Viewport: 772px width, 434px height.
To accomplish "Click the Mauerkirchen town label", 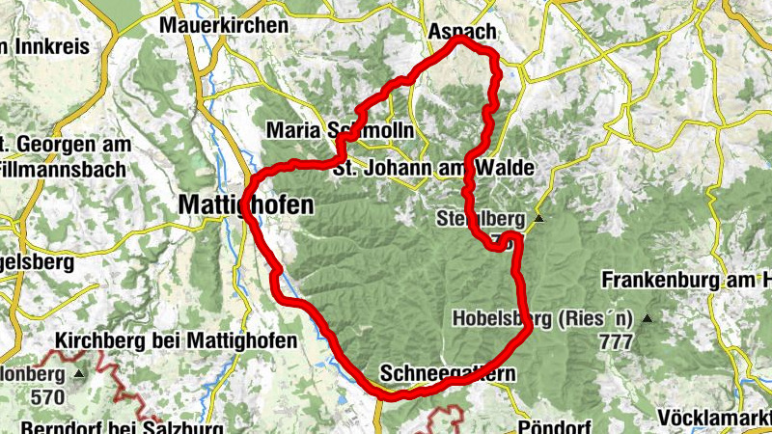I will point(225,25).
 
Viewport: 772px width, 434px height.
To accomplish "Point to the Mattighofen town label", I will point(246,204).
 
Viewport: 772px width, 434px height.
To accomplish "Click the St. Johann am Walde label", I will point(432,168).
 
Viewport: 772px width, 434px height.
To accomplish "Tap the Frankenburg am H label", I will point(686,281).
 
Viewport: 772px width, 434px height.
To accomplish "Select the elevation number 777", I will point(615,341).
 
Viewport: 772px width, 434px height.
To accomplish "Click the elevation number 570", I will point(46,396).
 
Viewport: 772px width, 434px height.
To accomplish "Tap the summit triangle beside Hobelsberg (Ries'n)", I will point(648,319).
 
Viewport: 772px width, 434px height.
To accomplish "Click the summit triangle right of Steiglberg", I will point(539,219).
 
